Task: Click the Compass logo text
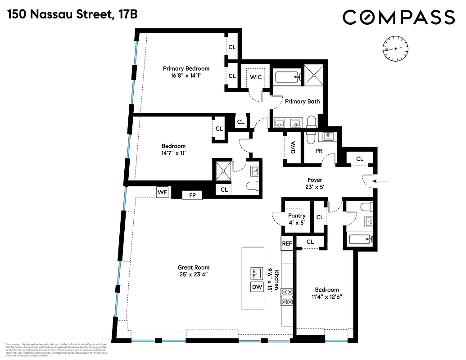(399, 18)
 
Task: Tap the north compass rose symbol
(396, 48)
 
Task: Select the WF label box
(162, 193)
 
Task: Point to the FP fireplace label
(192, 195)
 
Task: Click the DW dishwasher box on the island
(257, 287)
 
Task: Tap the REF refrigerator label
(287, 243)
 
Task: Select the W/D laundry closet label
(293, 148)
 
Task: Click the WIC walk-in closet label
(256, 77)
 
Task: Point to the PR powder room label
(319, 151)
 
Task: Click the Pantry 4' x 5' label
(297, 219)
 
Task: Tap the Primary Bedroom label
(186, 68)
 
